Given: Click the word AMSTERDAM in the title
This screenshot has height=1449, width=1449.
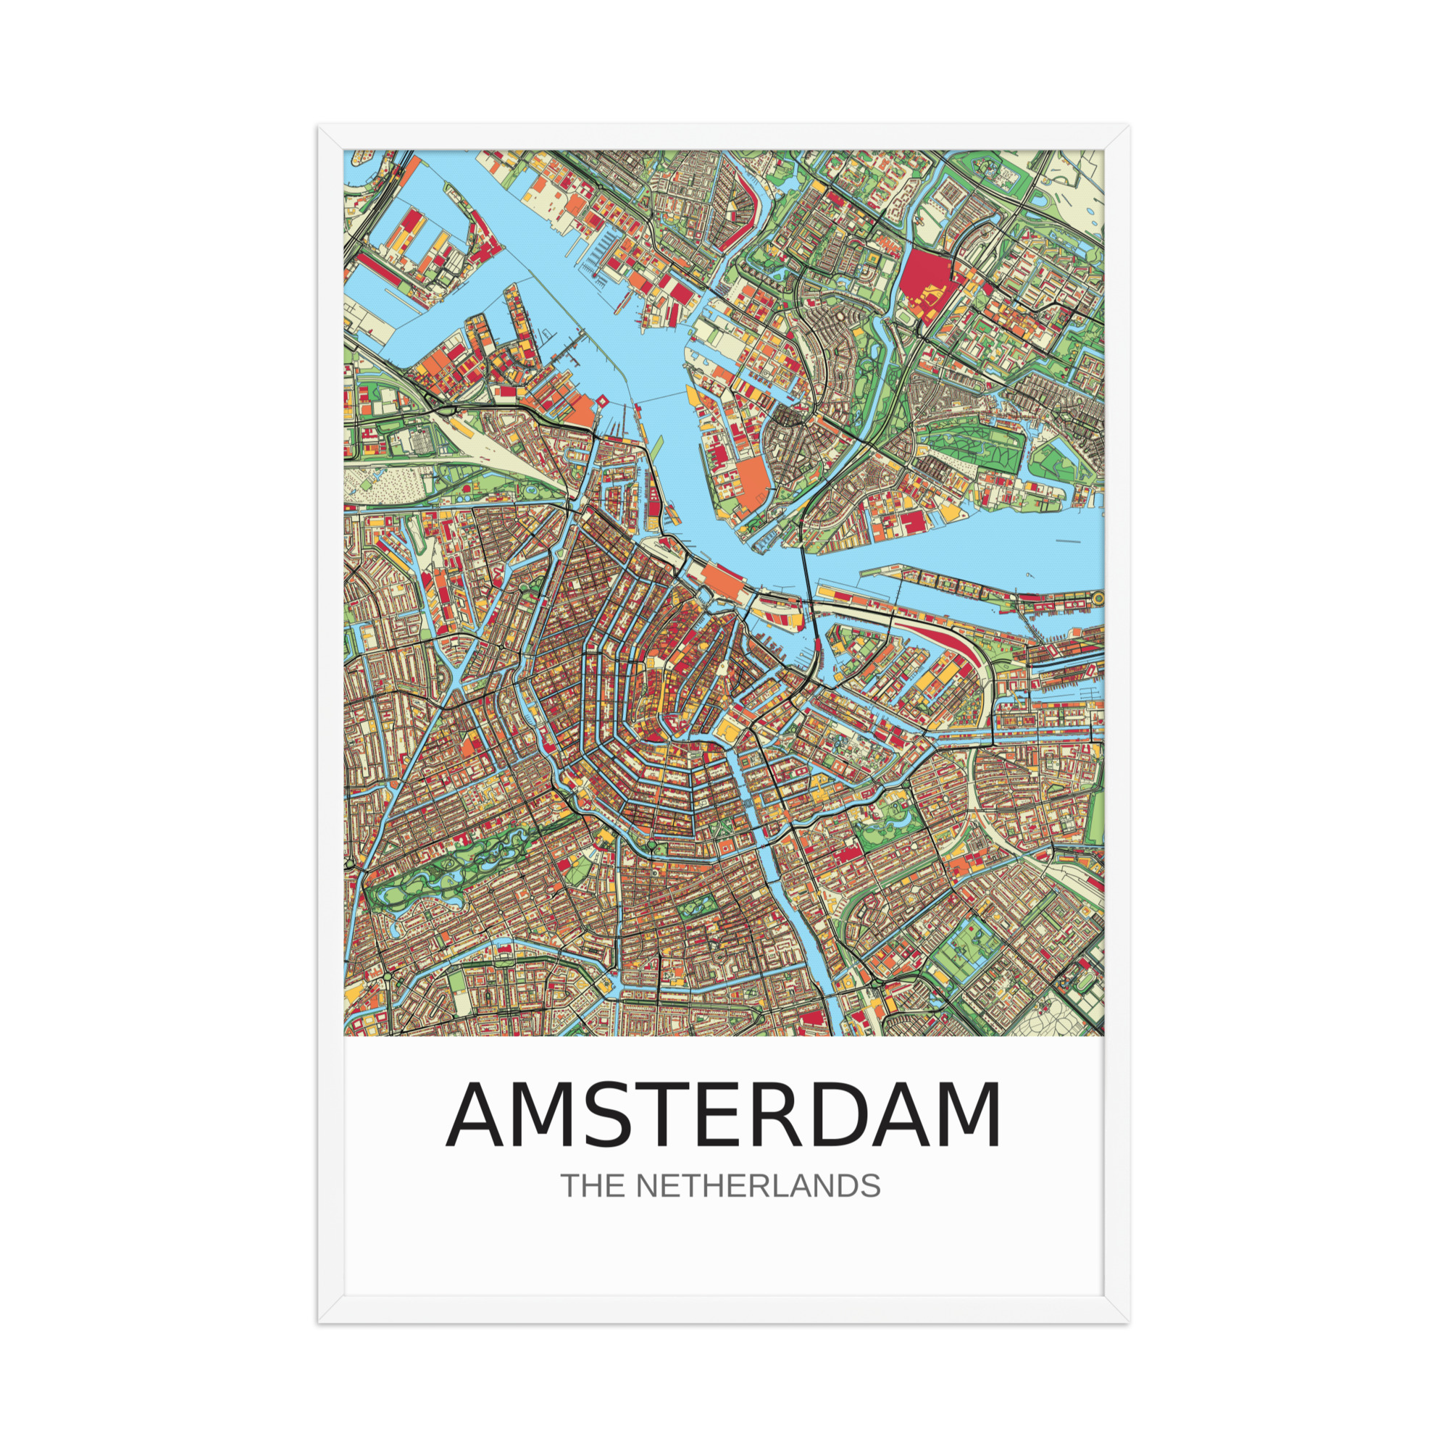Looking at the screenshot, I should click(724, 1115).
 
